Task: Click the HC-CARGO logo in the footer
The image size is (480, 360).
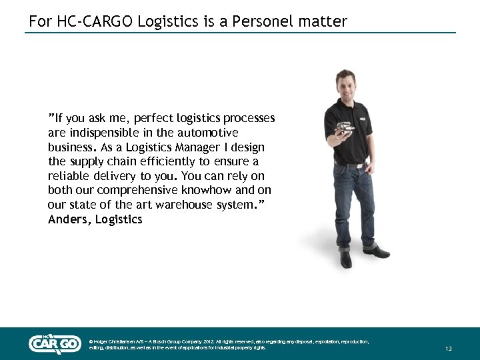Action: point(55,343)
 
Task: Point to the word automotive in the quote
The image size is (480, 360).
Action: point(207,133)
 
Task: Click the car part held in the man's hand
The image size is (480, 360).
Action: point(343,129)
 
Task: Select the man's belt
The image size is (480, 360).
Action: point(351,163)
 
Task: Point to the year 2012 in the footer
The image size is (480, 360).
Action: point(213,341)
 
